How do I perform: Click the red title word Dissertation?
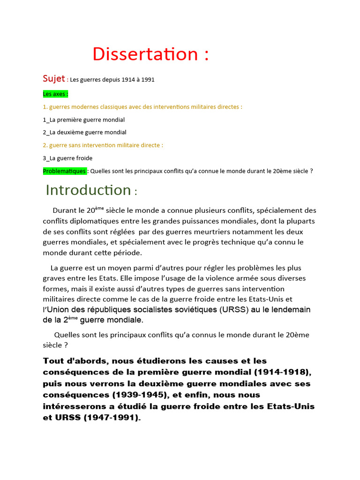(x=146, y=54)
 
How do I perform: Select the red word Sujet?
(x=54, y=78)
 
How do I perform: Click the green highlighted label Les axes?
(x=55, y=94)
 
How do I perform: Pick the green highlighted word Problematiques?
(x=64, y=171)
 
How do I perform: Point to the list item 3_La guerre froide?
(x=67, y=158)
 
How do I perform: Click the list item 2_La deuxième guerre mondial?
(x=84, y=132)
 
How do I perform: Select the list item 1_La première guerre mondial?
(x=83, y=120)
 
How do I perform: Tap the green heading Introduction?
(x=88, y=190)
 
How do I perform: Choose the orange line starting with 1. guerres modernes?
(x=142, y=107)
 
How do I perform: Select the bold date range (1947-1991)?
(x=111, y=417)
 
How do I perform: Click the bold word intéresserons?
(x=75, y=406)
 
